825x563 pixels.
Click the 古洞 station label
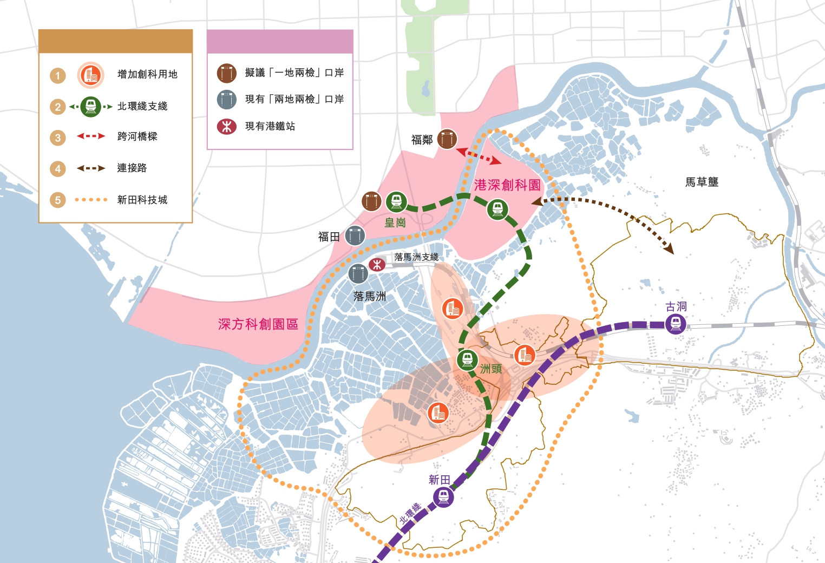676,307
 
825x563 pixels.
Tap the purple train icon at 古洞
676,324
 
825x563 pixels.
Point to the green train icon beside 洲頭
467,360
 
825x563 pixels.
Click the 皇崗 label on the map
395,222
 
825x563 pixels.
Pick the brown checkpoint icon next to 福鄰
447,139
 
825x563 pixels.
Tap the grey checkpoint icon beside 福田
355,235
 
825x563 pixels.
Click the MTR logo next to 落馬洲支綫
377,264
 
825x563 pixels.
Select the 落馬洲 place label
369,296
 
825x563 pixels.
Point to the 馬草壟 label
702,182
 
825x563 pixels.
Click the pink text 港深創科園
507,185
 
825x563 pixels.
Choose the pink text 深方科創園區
258,324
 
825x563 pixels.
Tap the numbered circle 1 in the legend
58,75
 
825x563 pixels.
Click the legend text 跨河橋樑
137,136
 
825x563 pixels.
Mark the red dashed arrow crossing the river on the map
479,155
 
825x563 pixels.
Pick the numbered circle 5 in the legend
58,200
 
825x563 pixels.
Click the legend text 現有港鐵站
270,126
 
